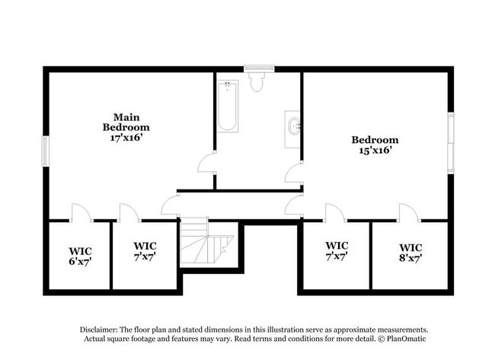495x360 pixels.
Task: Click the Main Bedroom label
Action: pyautogui.click(x=126, y=122)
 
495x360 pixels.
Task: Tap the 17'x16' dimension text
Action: pyautogui.click(x=126, y=138)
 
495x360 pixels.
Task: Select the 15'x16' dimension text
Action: pyautogui.click(x=375, y=151)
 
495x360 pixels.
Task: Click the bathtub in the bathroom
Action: pyautogui.click(x=227, y=106)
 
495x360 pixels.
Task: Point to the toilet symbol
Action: pyautogui.click(x=256, y=81)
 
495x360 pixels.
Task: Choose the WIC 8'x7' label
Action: pyautogui.click(x=410, y=252)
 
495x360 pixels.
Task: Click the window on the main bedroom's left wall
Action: pyautogui.click(x=45, y=150)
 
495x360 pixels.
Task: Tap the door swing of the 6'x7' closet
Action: pyautogui.click(x=80, y=212)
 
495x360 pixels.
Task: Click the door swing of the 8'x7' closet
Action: pyautogui.click(x=409, y=212)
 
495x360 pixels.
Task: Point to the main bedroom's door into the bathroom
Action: pyautogui.click(x=207, y=162)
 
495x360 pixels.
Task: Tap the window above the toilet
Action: pyautogui.click(x=259, y=68)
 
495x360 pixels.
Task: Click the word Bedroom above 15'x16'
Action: pyautogui.click(x=375, y=139)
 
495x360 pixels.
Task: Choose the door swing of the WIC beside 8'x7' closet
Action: pyautogui.click(x=335, y=212)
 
